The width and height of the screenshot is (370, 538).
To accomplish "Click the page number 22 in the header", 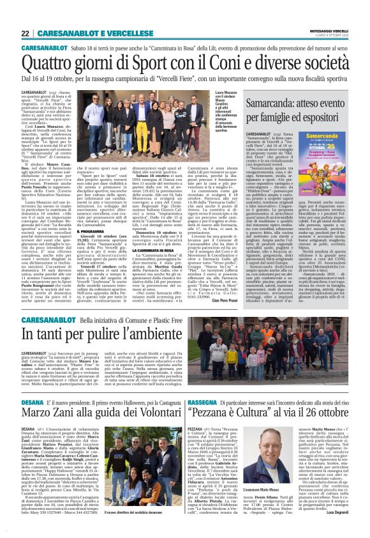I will [x=26, y=33].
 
